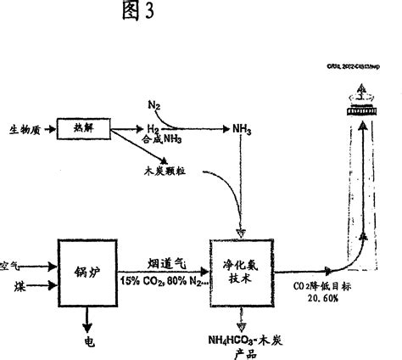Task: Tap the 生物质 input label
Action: (x=25, y=129)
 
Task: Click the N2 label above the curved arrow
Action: (x=154, y=104)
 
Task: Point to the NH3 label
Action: (x=243, y=129)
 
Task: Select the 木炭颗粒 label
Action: (x=165, y=171)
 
